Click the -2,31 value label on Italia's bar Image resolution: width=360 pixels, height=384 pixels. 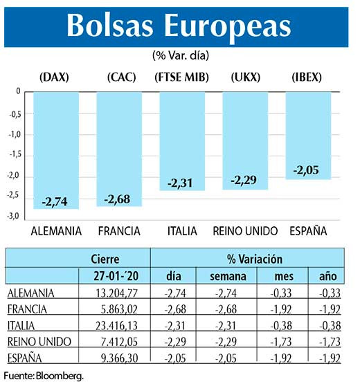tap(182, 183)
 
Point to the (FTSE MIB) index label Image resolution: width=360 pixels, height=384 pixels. tap(181, 77)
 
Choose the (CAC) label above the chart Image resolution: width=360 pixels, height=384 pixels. tap(120, 77)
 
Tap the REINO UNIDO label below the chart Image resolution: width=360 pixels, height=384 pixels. tap(245, 230)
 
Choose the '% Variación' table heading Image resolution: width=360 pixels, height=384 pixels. tap(255, 259)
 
